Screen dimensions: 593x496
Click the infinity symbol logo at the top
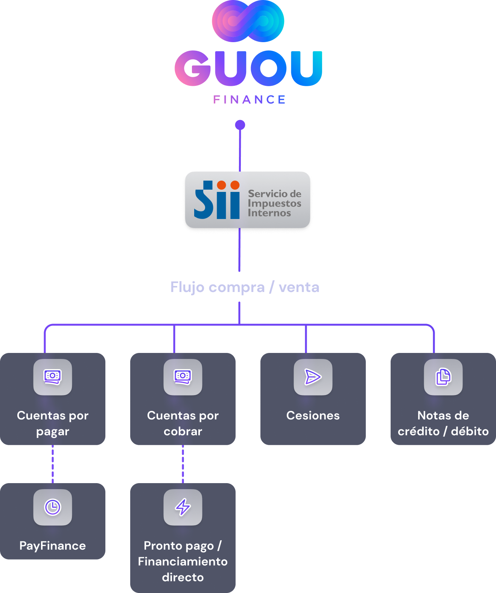(x=248, y=21)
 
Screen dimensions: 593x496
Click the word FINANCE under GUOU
(x=250, y=100)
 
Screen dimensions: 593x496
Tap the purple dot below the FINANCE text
(x=240, y=125)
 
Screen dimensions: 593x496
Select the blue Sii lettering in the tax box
(x=217, y=200)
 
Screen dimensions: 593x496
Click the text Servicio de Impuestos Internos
(x=274, y=203)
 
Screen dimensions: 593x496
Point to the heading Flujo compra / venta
(x=245, y=287)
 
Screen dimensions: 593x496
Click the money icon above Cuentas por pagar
(x=53, y=377)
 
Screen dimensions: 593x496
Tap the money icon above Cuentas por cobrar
(x=183, y=377)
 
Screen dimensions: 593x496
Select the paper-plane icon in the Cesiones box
(x=313, y=377)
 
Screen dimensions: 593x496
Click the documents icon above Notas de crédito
(x=443, y=377)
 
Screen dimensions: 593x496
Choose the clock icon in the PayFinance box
(x=53, y=507)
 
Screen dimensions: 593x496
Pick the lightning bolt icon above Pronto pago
(x=183, y=507)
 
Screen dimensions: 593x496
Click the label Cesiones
(x=313, y=415)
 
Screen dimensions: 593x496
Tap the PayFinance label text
(x=53, y=546)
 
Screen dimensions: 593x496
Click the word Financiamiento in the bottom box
(x=183, y=561)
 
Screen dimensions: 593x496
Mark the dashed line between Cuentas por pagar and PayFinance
(x=53, y=464)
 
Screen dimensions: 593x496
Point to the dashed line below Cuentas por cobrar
(x=183, y=464)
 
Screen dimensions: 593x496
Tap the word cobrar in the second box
(x=183, y=431)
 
